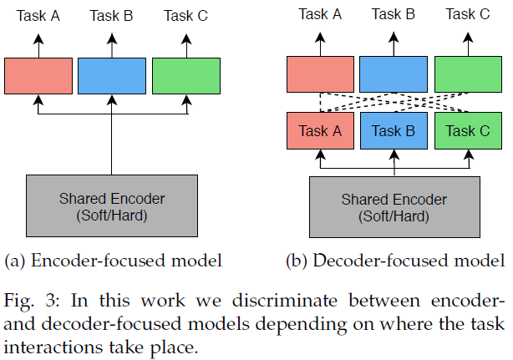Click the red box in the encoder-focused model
[38, 75]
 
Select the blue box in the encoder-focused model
[112, 75]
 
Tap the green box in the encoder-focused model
[185, 75]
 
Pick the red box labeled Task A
[321, 131]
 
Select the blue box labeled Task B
[394, 131]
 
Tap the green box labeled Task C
[467, 131]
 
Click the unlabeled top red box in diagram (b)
[321, 74]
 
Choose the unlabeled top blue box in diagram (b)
[394, 74]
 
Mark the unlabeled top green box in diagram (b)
[467, 74]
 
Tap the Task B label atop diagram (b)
[394, 14]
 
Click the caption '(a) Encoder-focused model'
[113, 261]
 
